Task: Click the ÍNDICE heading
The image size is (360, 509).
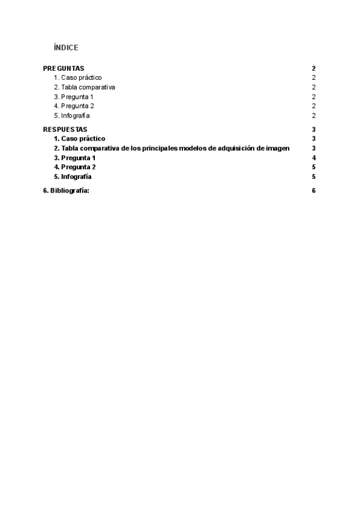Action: point(66,47)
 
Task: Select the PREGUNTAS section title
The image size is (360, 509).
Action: point(64,68)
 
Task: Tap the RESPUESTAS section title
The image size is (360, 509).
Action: point(65,129)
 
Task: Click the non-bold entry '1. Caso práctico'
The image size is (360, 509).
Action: point(78,78)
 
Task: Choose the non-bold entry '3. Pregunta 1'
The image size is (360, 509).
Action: point(74,97)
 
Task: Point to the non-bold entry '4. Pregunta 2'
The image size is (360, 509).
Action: point(74,106)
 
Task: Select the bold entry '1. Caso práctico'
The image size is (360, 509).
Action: point(79,139)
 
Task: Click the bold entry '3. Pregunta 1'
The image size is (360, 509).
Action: point(74,158)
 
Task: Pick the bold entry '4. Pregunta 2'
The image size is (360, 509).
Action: point(74,167)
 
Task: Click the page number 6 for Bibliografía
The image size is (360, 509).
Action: point(314,191)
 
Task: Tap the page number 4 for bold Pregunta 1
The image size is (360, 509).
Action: point(314,158)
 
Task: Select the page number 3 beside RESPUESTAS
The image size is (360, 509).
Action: point(314,129)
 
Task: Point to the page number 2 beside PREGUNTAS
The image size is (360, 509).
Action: point(314,68)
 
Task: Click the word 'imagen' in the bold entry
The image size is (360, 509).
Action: point(278,148)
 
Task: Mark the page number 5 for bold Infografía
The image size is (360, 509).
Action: point(314,176)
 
